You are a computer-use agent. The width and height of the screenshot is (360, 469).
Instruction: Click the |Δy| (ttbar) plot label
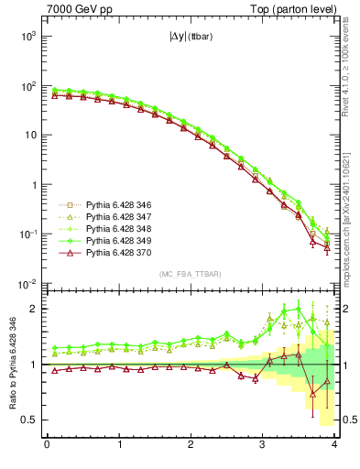pos(191,39)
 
